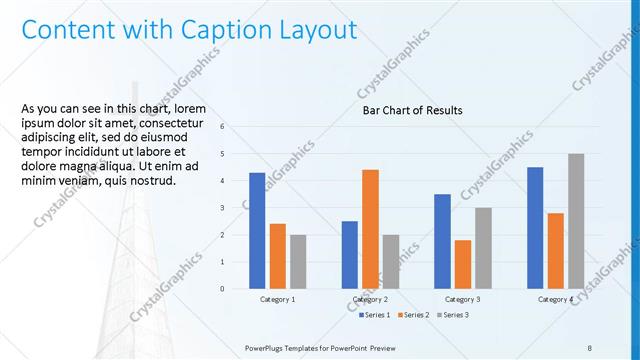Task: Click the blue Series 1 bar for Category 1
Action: click(x=257, y=231)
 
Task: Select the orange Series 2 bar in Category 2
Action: click(x=370, y=229)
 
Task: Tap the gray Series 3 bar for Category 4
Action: click(x=575, y=221)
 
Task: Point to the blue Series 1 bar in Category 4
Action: click(x=535, y=228)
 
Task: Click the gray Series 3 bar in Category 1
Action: click(x=298, y=262)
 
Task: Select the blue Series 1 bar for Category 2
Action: click(x=349, y=255)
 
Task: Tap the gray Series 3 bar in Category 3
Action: click(x=483, y=248)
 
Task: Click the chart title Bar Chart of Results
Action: click(x=412, y=111)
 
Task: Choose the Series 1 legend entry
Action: click(x=376, y=315)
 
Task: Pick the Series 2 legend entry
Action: click(x=412, y=315)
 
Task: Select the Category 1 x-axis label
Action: click(x=277, y=299)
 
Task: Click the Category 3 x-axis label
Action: click(x=462, y=299)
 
